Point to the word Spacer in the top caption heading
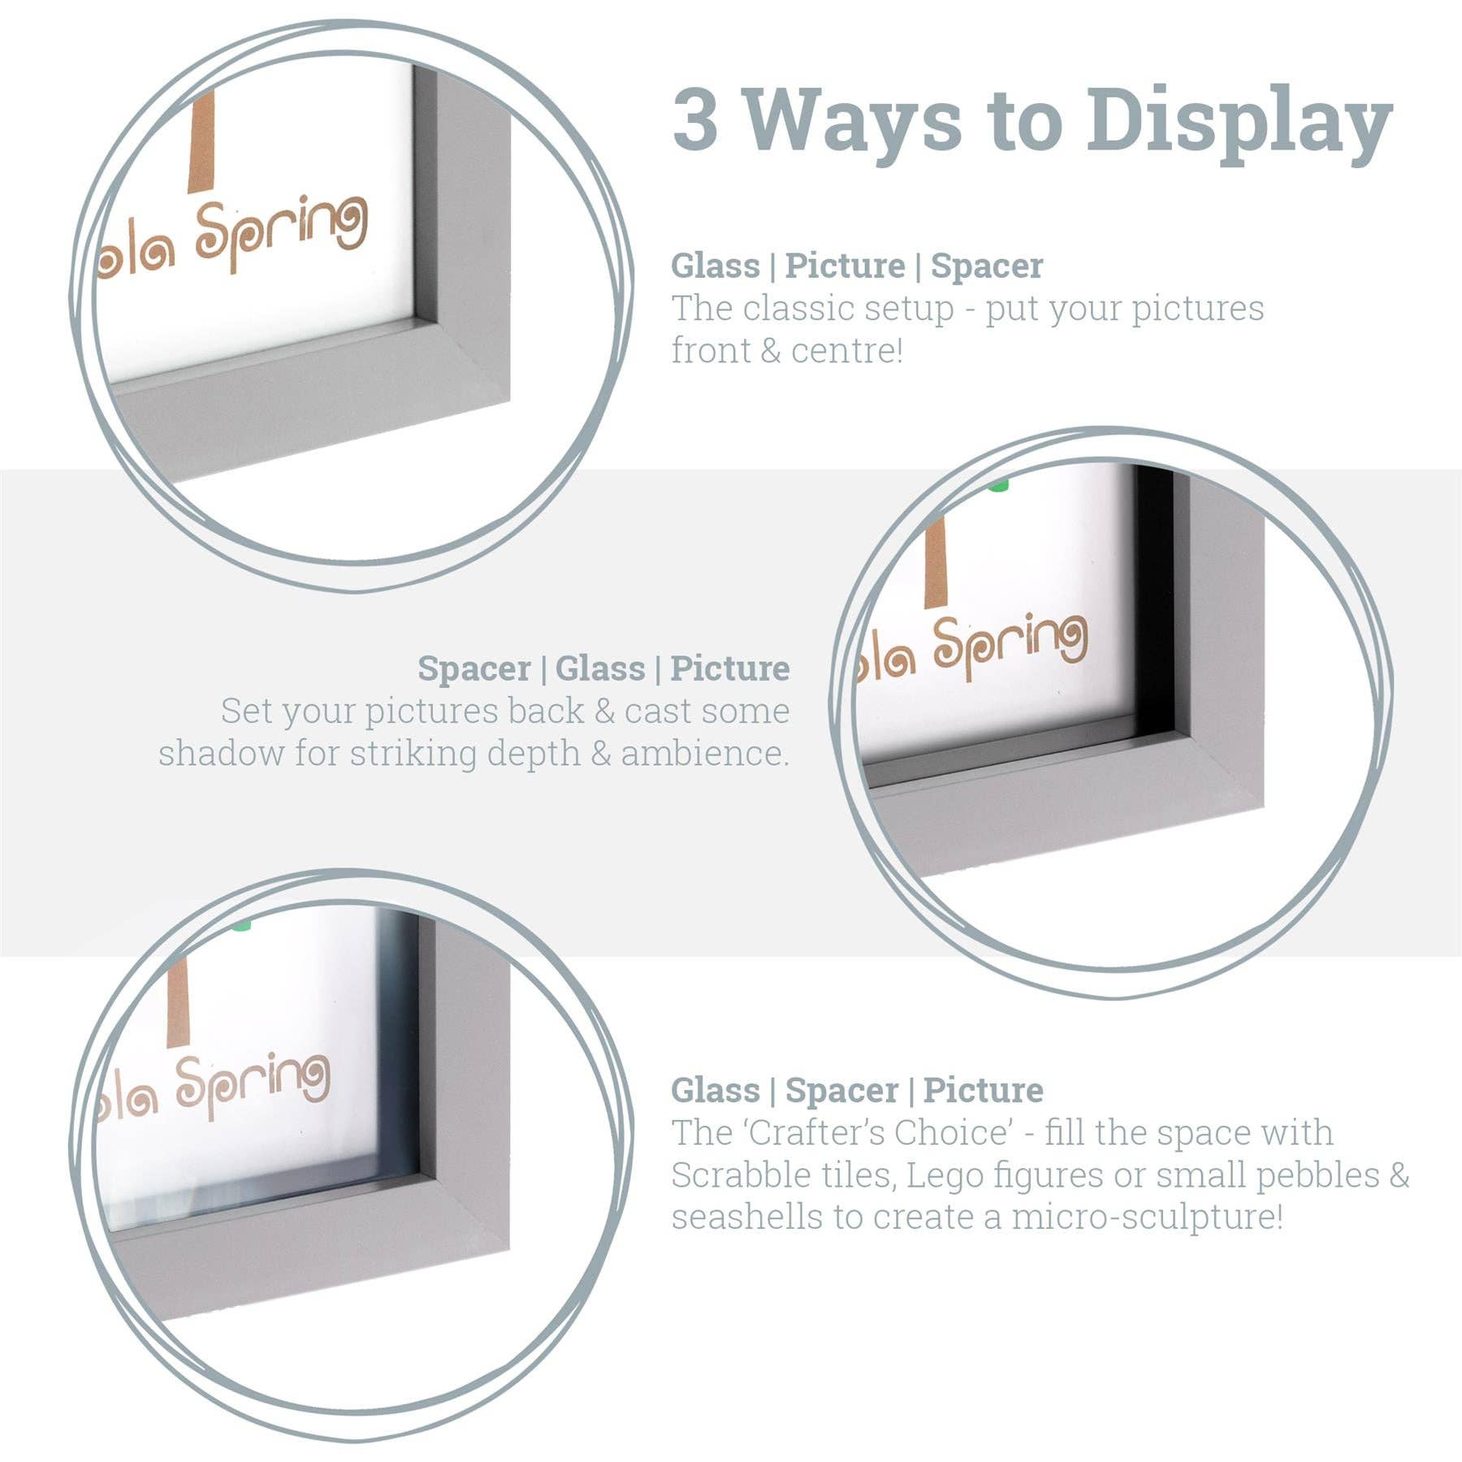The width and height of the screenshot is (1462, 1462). (986, 266)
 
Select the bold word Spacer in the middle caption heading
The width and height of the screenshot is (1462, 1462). (474, 668)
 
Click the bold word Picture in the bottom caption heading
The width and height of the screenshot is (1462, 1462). (983, 1090)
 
